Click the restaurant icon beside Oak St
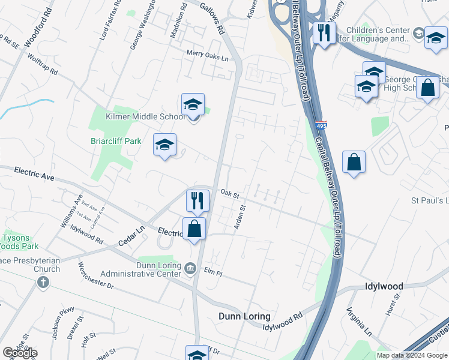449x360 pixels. [x=197, y=200]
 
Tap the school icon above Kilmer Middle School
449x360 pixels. [x=193, y=104]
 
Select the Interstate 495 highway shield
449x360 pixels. [x=321, y=126]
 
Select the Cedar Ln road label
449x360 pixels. [x=134, y=228]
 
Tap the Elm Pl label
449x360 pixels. [x=213, y=272]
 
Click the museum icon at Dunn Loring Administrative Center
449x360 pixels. [x=190, y=267]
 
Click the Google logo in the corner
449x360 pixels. [x=19, y=353]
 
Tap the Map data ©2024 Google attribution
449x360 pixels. [x=411, y=355]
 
